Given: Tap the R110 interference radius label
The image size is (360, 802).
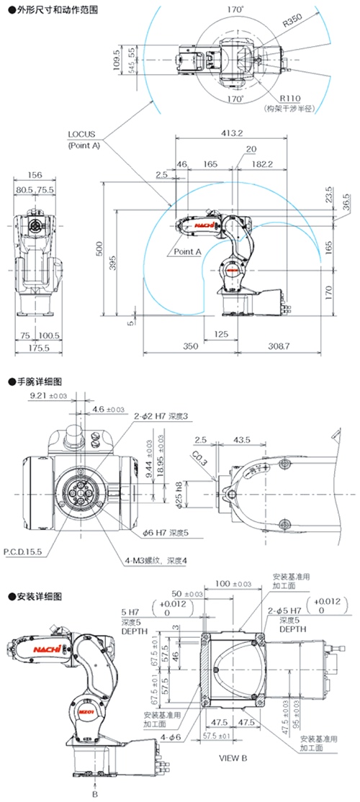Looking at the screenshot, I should pos(290,99).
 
